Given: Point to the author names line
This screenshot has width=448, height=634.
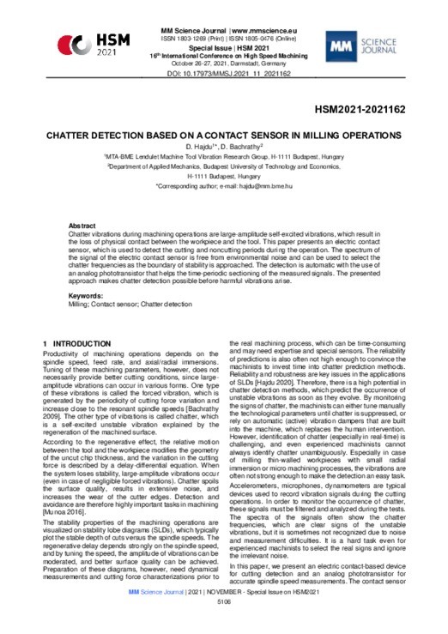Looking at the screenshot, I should (223, 148).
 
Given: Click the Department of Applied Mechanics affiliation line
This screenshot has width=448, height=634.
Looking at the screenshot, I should (223, 166).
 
